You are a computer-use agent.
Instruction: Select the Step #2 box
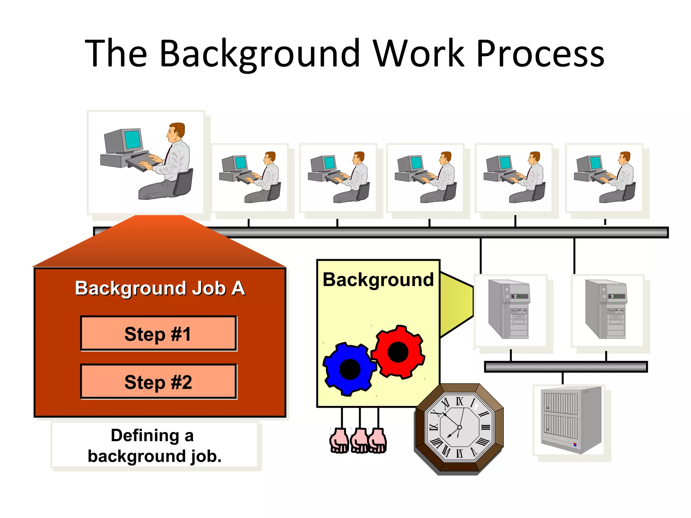158,382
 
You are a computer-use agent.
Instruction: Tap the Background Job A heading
160,288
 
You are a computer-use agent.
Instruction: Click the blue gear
349,369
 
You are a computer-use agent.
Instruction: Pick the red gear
398,352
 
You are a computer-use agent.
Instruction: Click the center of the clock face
459,427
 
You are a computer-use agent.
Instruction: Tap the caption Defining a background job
155,445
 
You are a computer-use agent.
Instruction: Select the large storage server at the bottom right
571,420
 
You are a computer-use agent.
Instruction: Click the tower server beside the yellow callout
509,309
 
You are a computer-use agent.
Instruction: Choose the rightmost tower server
606,309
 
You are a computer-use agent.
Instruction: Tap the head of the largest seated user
176,132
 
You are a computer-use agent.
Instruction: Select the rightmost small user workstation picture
605,178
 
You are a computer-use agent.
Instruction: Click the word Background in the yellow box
378,280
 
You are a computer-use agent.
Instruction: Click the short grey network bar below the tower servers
565,367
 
